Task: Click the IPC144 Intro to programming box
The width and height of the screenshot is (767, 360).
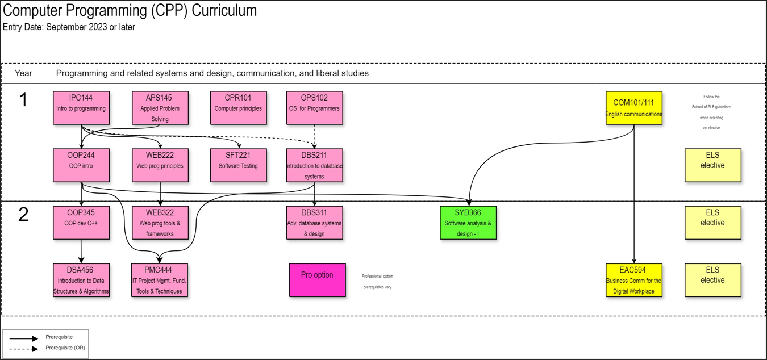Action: click(x=81, y=108)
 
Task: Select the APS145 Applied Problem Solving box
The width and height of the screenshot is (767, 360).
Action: click(x=160, y=108)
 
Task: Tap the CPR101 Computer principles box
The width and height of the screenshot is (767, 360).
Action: click(x=238, y=108)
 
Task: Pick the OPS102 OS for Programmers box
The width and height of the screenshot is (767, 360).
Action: click(x=314, y=108)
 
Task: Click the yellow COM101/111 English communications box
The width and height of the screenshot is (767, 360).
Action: click(x=633, y=108)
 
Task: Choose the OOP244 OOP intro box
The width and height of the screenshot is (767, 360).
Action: click(x=81, y=165)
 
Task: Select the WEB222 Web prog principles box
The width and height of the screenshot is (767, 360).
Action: click(x=160, y=165)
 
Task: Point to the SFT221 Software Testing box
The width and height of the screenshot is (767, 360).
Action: click(x=238, y=165)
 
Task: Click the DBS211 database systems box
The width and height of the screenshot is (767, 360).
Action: click(x=314, y=165)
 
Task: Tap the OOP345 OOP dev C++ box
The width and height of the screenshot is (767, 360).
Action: click(x=81, y=223)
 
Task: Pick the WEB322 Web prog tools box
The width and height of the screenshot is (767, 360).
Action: click(x=160, y=223)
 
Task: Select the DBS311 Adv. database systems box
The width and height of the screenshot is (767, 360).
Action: click(x=314, y=223)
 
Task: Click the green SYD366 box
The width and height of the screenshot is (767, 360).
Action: click(x=468, y=223)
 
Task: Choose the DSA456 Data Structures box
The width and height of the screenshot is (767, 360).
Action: click(x=81, y=280)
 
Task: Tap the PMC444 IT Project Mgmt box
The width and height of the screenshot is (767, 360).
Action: click(x=159, y=280)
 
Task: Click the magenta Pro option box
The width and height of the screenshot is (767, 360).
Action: click(x=317, y=280)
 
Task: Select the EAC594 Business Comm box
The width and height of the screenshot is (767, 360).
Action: click(x=633, y=280)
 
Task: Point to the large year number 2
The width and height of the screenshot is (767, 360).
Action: click(x=23, y=215)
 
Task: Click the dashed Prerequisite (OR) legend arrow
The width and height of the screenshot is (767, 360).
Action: click(x=24, y=349)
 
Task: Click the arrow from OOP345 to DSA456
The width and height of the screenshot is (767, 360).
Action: click(x=81, y=251)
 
